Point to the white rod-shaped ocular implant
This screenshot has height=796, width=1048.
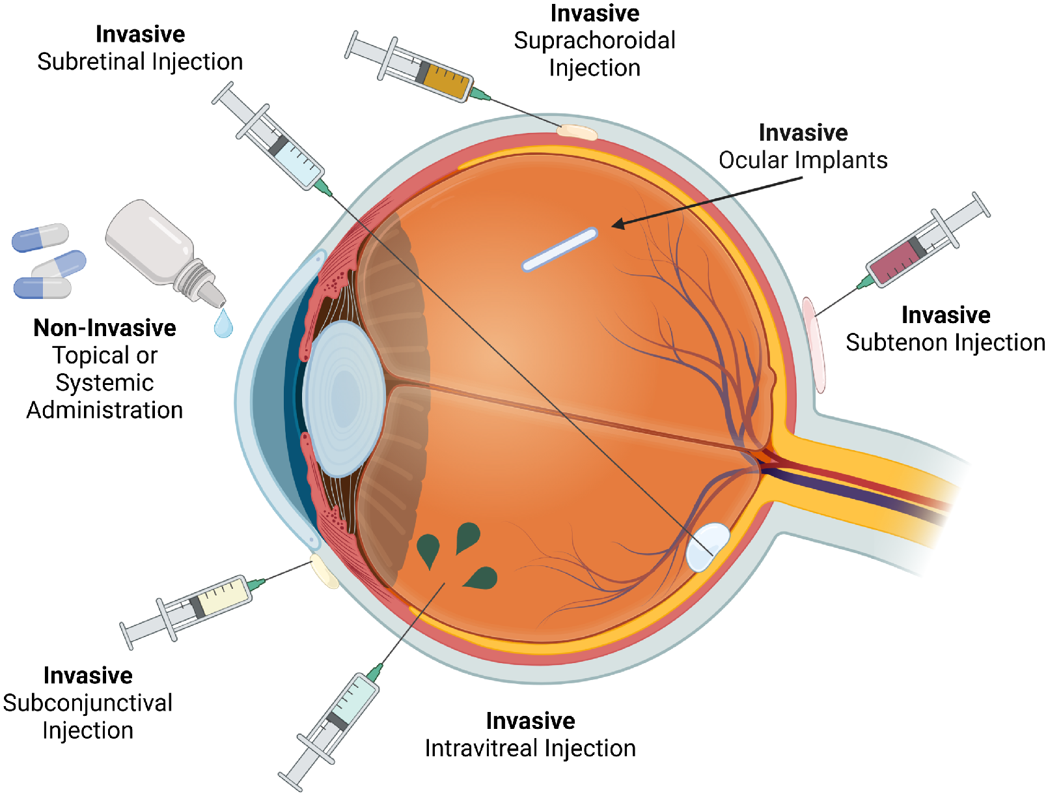560,249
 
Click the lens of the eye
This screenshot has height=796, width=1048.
344,399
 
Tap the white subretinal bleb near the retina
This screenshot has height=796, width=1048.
708,547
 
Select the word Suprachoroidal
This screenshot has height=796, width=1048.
594,40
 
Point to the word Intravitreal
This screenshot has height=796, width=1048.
481,748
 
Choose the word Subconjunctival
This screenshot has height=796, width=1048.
87,704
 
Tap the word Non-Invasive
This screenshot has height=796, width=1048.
105,328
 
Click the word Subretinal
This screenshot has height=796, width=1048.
92,62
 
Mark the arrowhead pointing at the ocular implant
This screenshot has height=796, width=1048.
618,223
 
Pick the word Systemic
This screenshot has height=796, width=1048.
105,383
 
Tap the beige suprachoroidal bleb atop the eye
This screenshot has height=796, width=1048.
577,132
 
